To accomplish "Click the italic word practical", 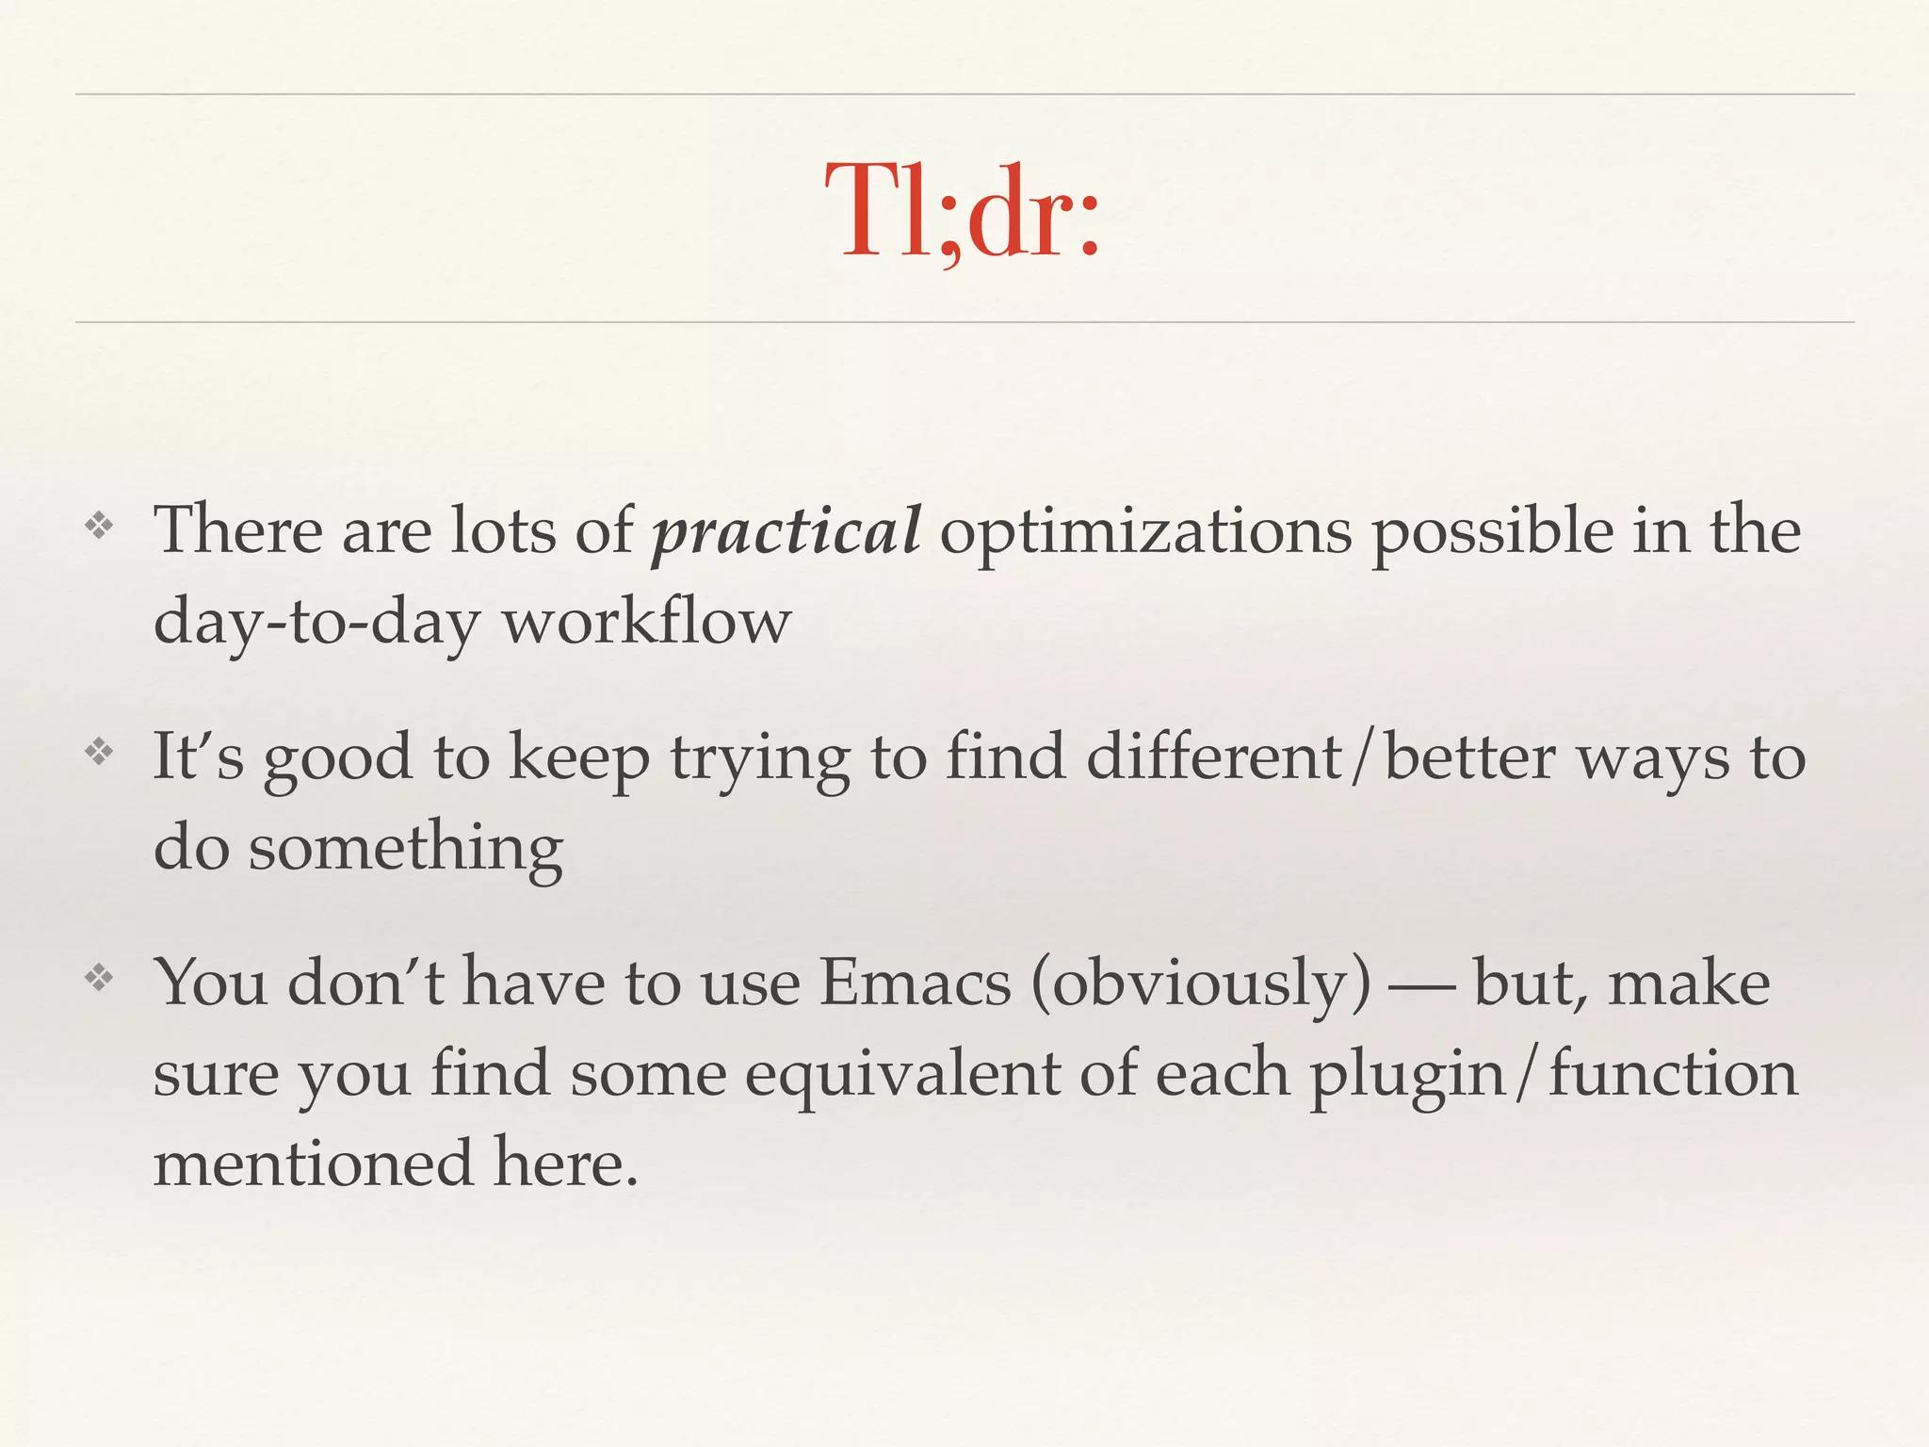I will (x=786, y=530).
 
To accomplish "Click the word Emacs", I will (x=915, y=983).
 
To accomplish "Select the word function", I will (x=1674, y=1073).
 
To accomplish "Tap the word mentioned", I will (x=313, y=1163).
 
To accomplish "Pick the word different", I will (x=1214, y=756).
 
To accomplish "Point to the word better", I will (x=1469, y=756).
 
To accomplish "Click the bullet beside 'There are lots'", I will (x=99, y=526).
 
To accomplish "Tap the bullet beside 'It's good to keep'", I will (x=99, y=752).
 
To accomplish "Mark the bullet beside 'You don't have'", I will (x=99, y=978).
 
